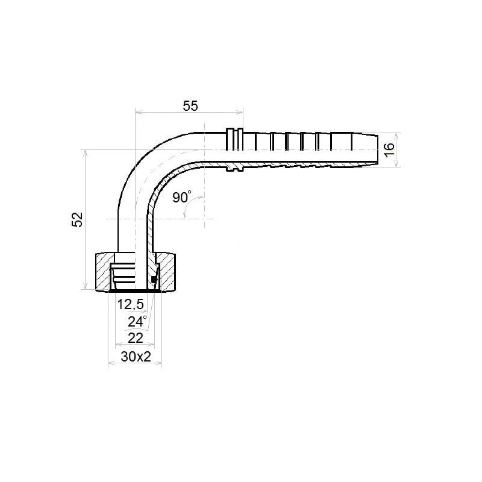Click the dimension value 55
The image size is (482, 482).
(190, 106)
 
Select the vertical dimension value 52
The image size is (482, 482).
(78, 219)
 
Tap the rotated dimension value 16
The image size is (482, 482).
(389, 149)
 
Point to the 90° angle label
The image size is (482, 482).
(182, 197)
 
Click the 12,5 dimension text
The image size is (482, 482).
(131, 304)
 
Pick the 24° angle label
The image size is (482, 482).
(137, 322)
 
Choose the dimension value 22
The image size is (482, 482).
(135, 338)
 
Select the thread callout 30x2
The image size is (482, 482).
(136, 357)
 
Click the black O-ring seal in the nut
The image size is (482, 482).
(154, 280)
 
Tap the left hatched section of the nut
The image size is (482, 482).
(103, 272)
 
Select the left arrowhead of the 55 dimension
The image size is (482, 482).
(139, 113)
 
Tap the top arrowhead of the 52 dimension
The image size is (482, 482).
(86, 154)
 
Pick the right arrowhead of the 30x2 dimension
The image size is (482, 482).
(158, 364)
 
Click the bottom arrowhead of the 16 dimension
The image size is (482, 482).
(397, 163)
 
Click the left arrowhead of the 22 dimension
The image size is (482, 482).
(119, 345)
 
